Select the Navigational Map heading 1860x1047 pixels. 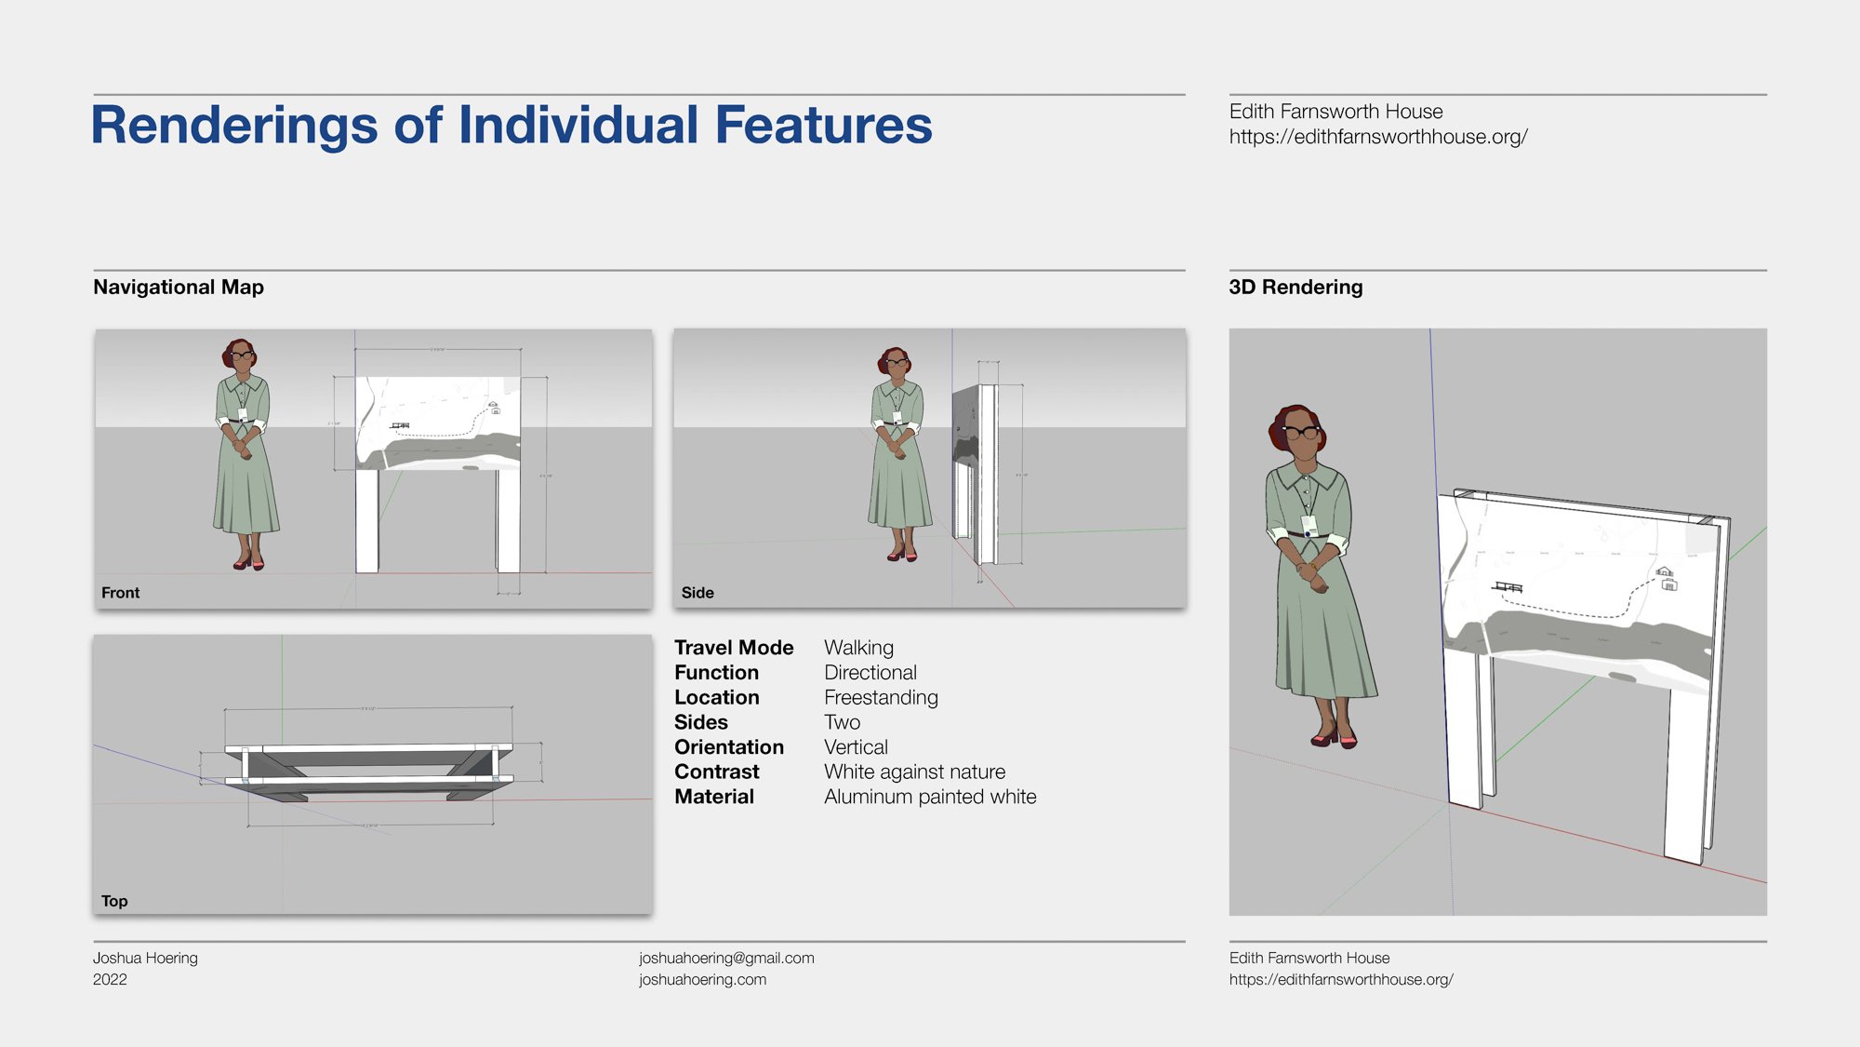coord(179,288)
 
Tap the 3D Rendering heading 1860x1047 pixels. coord(1295,288)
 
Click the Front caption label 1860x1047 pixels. coord(121,593)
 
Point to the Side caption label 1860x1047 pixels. coord(697,593)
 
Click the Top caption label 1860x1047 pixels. coord(114,901)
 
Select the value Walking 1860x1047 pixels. coord(858,648)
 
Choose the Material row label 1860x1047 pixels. coord(714,797)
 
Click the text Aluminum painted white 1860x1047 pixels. coord(930,797)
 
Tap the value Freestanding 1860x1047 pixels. coord(881,698)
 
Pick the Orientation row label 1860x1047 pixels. coord(729,747)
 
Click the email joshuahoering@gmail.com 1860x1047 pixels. coord(726,958)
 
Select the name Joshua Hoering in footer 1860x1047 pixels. coord(145,958)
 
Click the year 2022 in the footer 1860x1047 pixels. coord(110,979)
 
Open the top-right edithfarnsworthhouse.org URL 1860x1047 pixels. coord(1378,137)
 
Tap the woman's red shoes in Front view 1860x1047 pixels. coord(249,563)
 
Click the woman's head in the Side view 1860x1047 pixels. coord(897,363)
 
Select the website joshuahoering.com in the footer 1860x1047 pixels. coord(702,979)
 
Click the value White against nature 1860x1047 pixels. coord(914,772)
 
